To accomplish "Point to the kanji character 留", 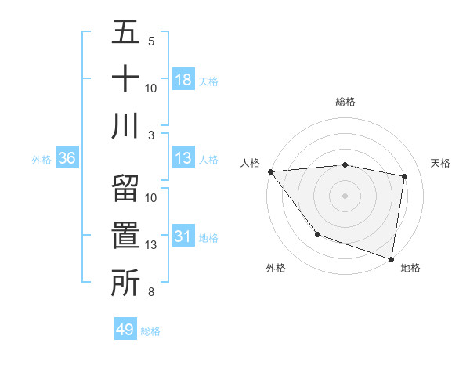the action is [x=125, y=189].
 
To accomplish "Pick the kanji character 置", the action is [x=125, y=236].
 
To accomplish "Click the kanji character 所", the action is [x=125, y=283].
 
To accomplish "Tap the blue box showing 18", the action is [x=183, y=80].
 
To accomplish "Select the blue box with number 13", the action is [x=183, y=158].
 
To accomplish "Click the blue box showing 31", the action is [x=183, y=236].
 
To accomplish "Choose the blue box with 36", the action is [x=67, y=158].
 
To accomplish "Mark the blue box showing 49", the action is [x=125, y=330].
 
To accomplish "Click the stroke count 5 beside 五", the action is [x=151, y=41].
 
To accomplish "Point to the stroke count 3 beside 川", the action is [x=151, y=135].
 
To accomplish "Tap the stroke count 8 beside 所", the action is [x=151, y=292].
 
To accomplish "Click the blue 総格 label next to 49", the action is [x=150, y=331].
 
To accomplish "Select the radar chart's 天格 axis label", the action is [x=440, y=163].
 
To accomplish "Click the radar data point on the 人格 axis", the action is [x=270, y=171].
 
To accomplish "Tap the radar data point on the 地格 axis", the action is [x=391, y=258].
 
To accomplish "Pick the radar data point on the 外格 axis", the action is [x=317, y=233].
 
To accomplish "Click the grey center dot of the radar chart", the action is [x=345, y=196].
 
